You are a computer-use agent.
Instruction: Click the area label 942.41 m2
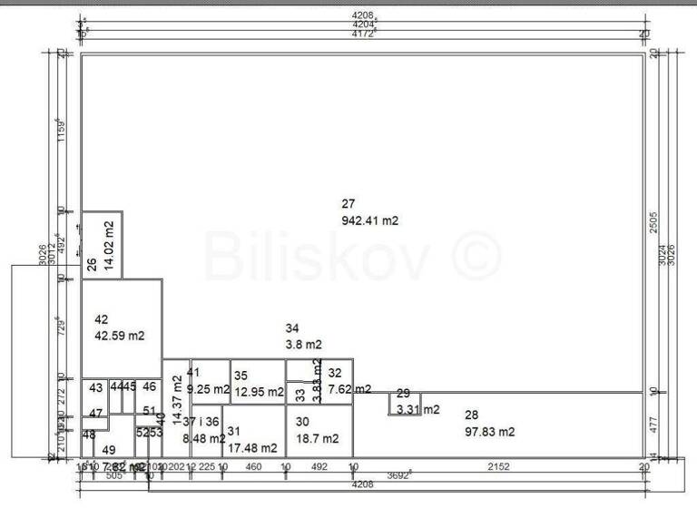(370, 220)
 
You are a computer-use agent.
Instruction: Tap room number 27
(348, 203)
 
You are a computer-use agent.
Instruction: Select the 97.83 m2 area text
(489, 432)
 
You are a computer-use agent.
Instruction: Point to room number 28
(471, 415)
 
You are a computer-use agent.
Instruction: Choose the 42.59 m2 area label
(120, 336)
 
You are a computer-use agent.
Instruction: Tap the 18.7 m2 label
(317, 438)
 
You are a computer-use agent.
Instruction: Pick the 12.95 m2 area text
(258, 392)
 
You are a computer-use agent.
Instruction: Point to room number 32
(335, 373)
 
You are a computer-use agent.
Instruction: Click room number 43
(95, 388)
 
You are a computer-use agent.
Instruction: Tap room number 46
(149, 386)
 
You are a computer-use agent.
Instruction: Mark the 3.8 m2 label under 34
(303, 345)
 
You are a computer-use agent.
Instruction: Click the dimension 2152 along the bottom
(498, 467)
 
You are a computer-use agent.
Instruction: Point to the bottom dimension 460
(254, 467)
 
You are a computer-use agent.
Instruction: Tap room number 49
(109, 450)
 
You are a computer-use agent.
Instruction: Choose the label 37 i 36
(201, 422)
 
